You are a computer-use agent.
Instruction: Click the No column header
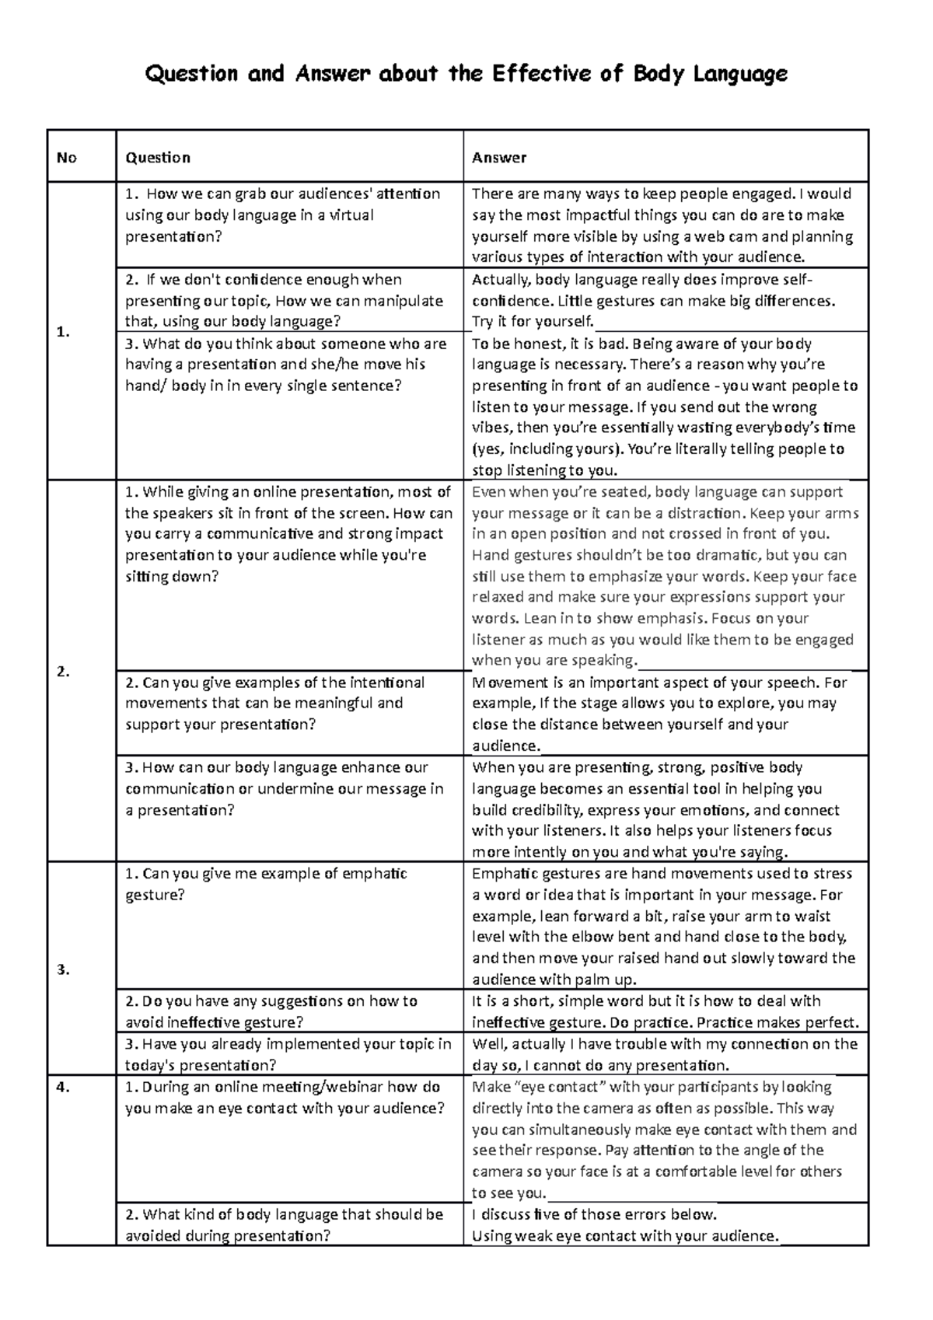(67, 158)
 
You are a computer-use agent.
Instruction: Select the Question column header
(158, 158)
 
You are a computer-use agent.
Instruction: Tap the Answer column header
(499, 158)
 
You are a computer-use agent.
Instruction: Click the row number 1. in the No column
(63, 332)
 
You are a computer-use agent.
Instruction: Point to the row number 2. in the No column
(64, 672)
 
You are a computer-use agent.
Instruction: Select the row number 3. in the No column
(64, 969)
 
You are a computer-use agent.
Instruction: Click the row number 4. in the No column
(64, 1087)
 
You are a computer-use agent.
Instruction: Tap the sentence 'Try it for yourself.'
(533, 322)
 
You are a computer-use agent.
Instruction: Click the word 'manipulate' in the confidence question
(404, 301)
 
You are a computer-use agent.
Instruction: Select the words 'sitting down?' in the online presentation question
(172, 577)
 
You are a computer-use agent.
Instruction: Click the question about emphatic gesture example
(266, 884)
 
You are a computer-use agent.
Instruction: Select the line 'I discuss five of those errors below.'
(594, 1214)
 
